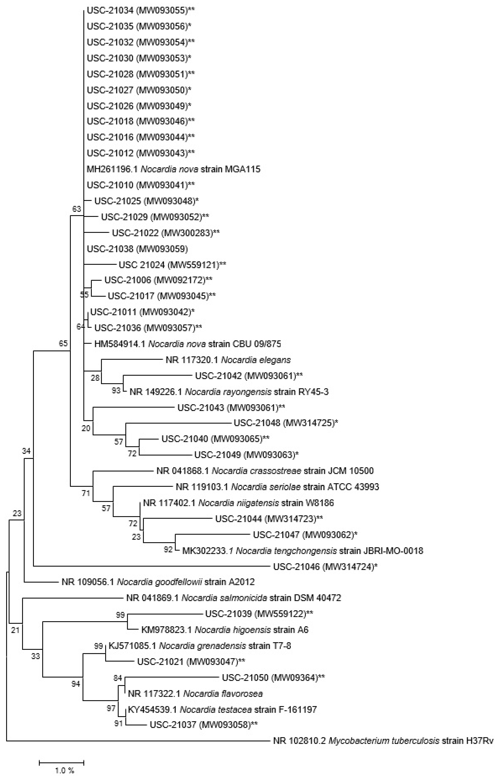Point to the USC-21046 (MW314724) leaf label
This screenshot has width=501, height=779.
click(x=325, y=567)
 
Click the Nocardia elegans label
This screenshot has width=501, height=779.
click(x=228, y=360)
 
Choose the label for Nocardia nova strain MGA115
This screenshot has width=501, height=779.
click(x=173, y=169)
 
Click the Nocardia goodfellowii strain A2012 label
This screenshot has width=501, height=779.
click(x=158, y=582)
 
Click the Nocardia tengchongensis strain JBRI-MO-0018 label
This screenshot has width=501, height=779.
click(x=303, y=551)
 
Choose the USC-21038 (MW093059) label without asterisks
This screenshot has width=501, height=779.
click(x=137, y=249)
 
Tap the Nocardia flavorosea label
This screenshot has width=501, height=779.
click(x=195, y=694)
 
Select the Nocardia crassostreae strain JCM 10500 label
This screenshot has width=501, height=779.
click(x=265, y=471)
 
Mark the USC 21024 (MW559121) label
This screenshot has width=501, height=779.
click(x=172, y=265)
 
